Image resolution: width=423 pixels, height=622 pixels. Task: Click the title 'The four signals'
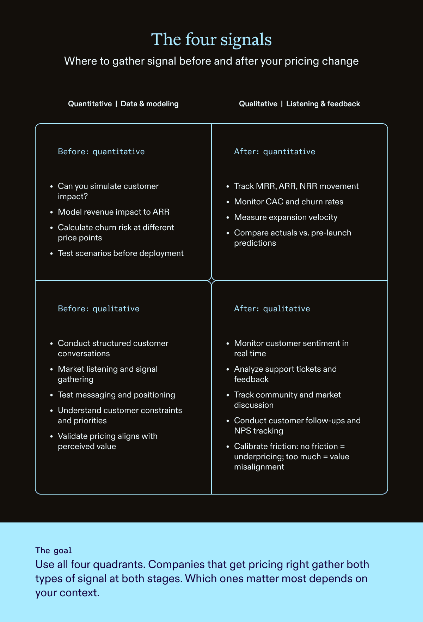point(211,40)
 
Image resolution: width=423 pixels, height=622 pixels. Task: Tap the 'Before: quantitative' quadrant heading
point(101,152)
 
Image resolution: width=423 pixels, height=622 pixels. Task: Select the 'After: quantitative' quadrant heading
point(275,152)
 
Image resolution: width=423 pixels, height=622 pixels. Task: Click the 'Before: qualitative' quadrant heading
point(99,309)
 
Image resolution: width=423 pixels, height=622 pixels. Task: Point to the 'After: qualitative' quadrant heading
point(272,309)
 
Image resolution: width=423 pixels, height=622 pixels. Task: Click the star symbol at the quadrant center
point(211,281)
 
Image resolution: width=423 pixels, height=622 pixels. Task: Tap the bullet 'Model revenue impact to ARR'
point(114,212)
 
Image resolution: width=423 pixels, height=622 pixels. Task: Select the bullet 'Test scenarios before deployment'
point(121,253)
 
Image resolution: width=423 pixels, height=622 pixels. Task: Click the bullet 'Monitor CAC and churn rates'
point(289,202)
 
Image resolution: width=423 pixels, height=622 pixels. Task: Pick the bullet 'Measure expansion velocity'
point(286,217)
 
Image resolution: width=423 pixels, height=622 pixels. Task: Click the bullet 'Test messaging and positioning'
point(116,395)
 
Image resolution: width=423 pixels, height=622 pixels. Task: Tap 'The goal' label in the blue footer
point(54,550)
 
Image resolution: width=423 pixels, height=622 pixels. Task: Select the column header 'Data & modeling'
point(149,104)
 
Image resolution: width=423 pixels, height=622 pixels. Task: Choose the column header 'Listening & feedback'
point(323,104)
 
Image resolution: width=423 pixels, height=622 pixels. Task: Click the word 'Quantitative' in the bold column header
point(90,104)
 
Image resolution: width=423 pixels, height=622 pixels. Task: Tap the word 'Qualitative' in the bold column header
point(258,104)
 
